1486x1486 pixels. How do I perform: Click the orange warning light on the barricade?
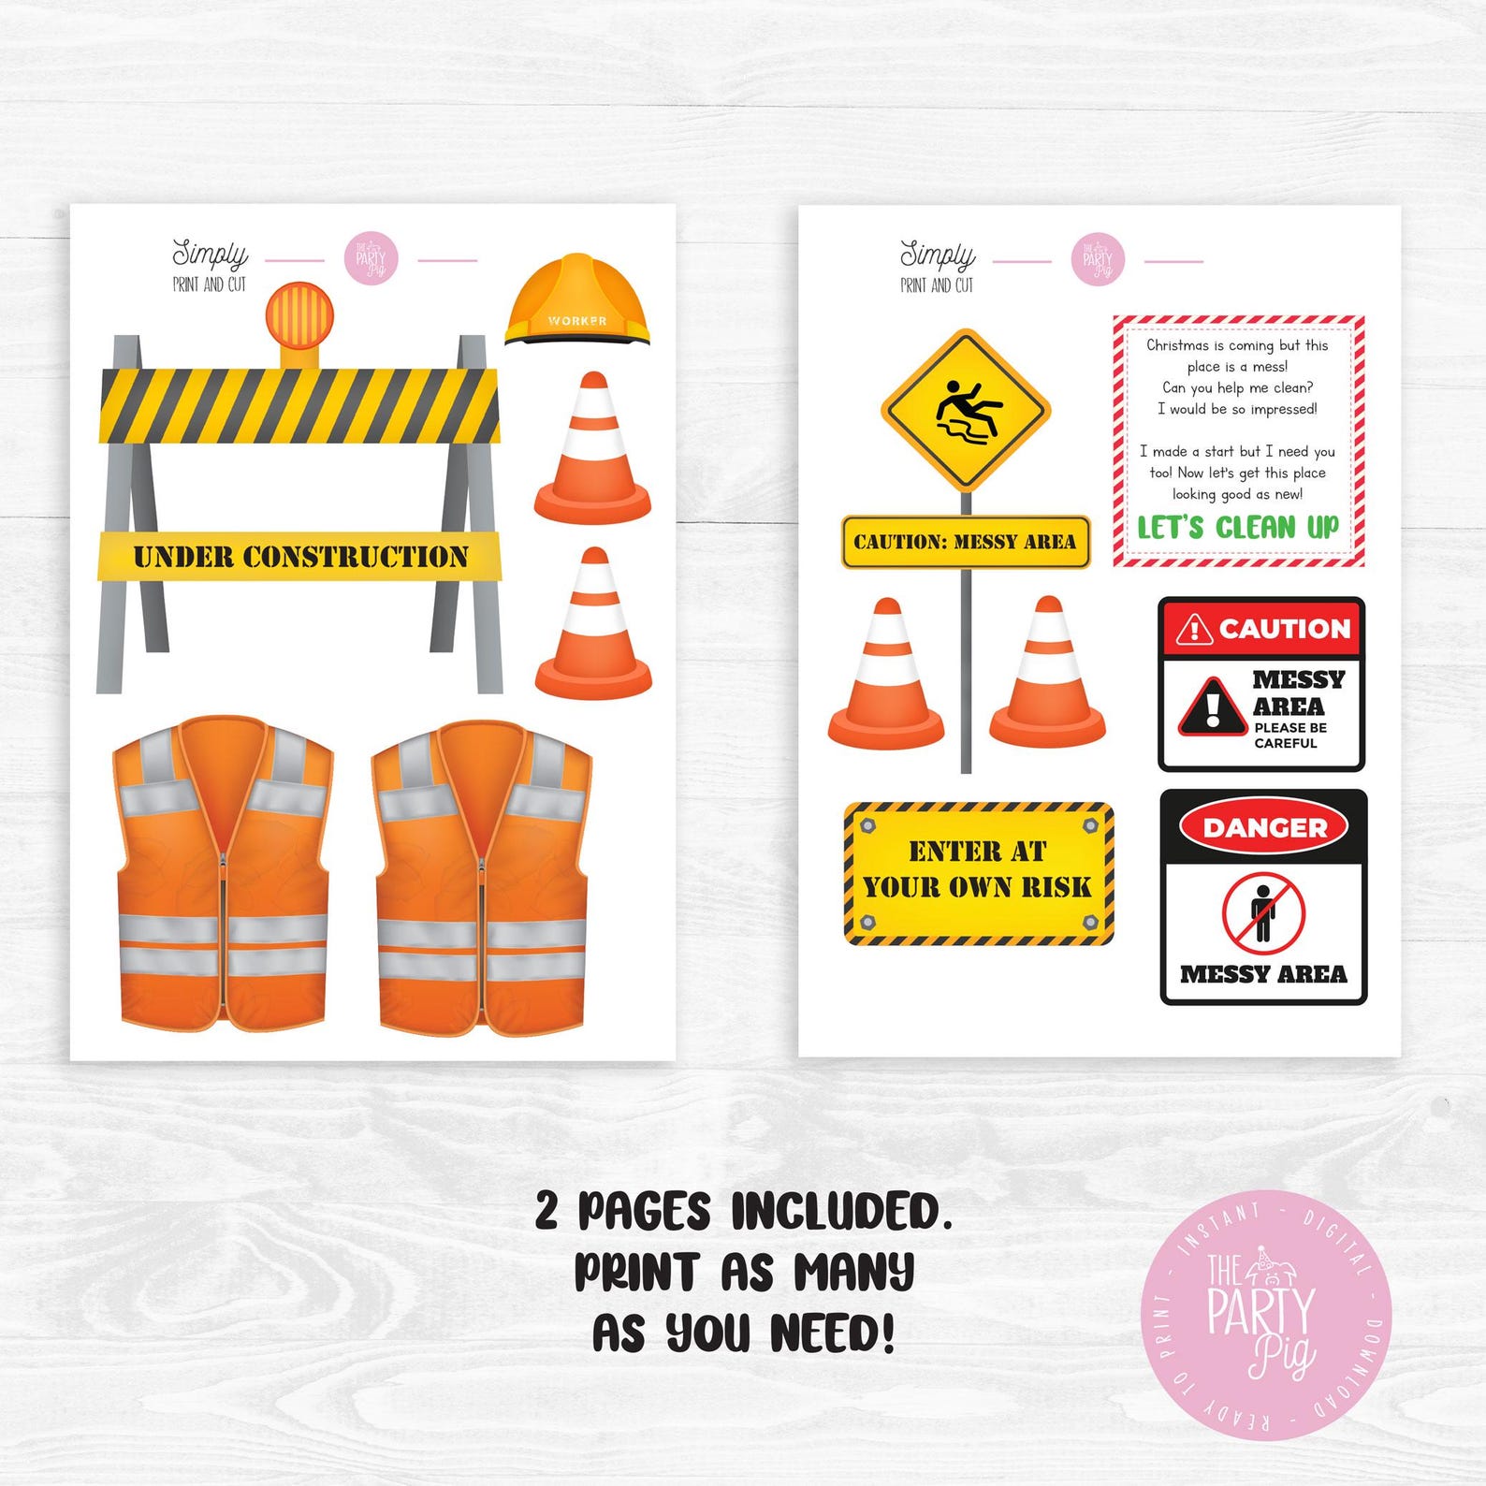(299, 315)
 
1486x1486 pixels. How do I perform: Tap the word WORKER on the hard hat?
(577, 321)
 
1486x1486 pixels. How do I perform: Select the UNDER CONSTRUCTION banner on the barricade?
(300, 557)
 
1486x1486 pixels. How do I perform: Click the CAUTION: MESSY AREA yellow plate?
(966, 542)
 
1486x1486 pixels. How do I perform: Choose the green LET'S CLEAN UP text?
(1238, 527)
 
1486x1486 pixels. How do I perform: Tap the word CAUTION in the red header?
(1284, 629)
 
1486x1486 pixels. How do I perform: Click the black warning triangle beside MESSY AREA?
(1213, 707)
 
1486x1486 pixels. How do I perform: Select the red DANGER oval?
(1264, 827)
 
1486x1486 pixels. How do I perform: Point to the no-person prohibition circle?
(1263, 913)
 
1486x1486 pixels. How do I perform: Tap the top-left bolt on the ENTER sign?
(866, 826)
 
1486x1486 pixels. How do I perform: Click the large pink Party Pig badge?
(1265, 1315)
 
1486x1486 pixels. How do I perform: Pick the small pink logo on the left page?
(371, 259)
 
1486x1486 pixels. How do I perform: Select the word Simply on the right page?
(937, 254)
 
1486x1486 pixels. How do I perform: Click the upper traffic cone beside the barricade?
(592, 449)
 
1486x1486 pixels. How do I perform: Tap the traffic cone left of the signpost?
(886, 676)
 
